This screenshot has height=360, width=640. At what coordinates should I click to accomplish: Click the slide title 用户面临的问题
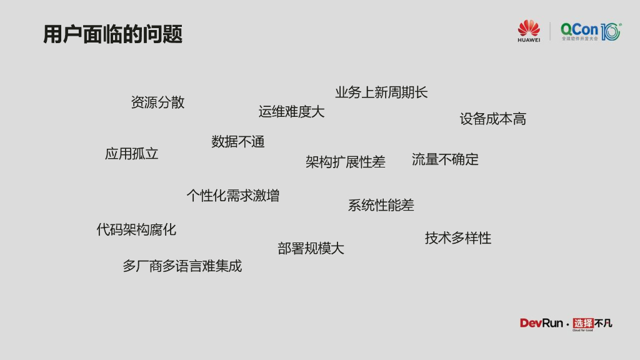tap(112, 34)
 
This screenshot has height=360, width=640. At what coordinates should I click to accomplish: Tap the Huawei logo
tap(529, 27)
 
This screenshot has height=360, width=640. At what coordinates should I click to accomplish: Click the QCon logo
tap(590, 31)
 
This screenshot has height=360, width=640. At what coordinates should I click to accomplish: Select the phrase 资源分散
tap(157, 102)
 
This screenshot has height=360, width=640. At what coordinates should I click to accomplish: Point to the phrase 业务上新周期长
tap(381, 92)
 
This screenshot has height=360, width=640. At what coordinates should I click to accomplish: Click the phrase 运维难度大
tap(291, 112)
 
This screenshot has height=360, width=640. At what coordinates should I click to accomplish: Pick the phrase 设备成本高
tap(492, 119)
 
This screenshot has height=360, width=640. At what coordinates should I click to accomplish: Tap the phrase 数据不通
tap(237, 142)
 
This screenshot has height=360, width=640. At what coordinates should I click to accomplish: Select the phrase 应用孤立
tap(131, 154)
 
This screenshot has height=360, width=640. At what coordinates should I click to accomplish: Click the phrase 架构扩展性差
tap(345, 162)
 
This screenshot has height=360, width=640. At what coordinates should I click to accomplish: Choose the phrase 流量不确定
tap(445, 159)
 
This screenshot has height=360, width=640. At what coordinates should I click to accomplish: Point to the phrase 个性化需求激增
tap(232, 196)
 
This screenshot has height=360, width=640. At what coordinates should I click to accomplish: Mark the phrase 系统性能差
tap(381, 205)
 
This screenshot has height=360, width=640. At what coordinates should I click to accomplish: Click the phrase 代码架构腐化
tap(136, 229)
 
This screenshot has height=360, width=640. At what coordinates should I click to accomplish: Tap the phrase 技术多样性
tap(458, 238)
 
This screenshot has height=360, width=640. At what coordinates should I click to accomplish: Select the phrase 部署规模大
tap(311, 248)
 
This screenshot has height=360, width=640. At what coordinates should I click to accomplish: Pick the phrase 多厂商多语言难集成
tap(182, 266)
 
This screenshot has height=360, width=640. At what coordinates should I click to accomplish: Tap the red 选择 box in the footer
tap(582, 322)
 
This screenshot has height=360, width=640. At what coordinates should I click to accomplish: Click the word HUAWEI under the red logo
tap(529, 40)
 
